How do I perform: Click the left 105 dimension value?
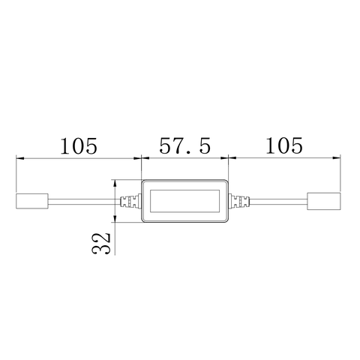pyautogui.click(x=79, y=145)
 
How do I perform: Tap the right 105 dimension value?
pyautogui.click(x=283, y=145)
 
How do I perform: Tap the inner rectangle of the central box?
pyautogui.click(x=184, y=202)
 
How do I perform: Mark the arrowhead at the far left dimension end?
pyautogui.click(x=20, y=159)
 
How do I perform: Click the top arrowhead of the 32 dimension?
pyautogui.click(x=115, y=183)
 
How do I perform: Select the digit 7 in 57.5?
pyautogui.click(x=178, y=145)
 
